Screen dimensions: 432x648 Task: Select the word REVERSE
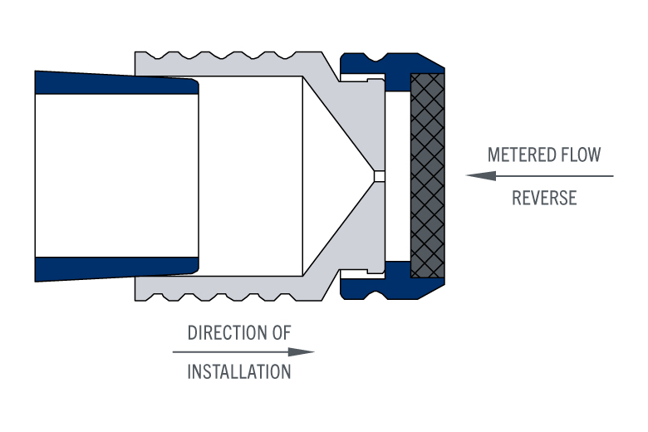pyautogui.click(x=544, y=199)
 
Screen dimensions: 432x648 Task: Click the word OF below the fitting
pyautogui.click(x=280, y=333)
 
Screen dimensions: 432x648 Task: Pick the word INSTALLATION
pyautogui.click(x=239, y=371)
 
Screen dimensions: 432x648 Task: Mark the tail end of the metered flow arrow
pyautogui.click(x=611, y=176)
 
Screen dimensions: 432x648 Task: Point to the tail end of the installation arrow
pyautogui.click(x=174, y=352)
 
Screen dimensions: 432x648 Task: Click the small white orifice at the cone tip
pyautogui.click(x=379, y=176)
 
